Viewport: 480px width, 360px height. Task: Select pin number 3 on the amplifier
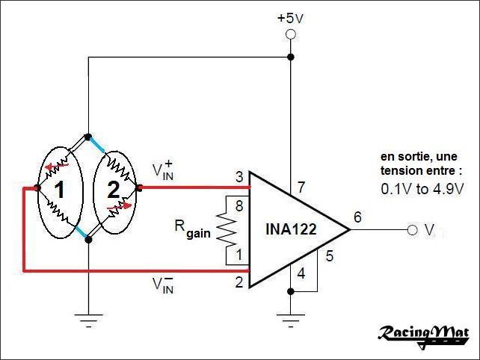pos(239,177)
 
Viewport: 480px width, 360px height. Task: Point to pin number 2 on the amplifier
pos(239,282)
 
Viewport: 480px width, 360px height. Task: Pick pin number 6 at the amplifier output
pos(357,217)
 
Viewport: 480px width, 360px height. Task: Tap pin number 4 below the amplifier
pos(301,273)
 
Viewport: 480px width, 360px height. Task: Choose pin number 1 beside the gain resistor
pos(239,256)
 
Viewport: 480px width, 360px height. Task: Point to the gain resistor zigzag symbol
pos(227,230)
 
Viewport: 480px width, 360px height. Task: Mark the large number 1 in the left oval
pos(59,192)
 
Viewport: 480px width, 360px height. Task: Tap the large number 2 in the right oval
pos(113,190)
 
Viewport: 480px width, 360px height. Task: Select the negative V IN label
pos(164,285)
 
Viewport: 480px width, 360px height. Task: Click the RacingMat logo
pos(422,332)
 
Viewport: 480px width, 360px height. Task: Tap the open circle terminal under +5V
pos(290,35)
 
